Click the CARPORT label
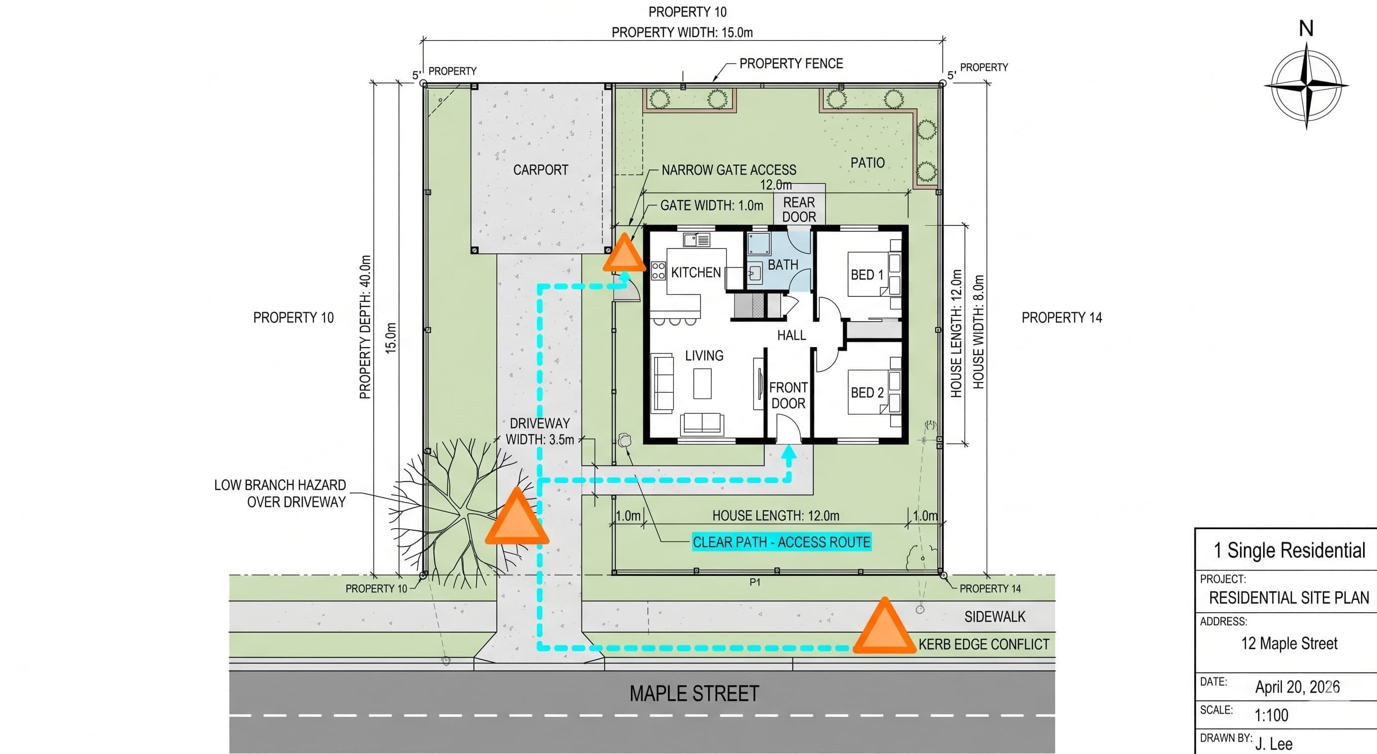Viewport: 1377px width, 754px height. pyautogui.click(x=540, y=170)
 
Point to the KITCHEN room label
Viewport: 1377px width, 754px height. pyautogui.click(x=695, y=273)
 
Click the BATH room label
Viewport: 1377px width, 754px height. pyautogui.click(x=783, y=265)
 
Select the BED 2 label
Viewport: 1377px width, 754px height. pyautogui.click(x=866, y=393)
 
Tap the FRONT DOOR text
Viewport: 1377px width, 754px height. pyautogui.click(x=788, y=395)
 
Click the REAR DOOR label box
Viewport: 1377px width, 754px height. pyautogui.click(x=799, y=209)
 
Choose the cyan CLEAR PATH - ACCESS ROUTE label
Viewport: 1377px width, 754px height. pyautogui.click(x=781, y=543)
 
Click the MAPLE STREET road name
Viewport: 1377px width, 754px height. pyautogui.click(x=694, y=694)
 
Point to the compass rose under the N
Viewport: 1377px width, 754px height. pyautogui.click(x=1306, y=86)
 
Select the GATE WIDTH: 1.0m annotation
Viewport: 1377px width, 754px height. pyautogui.click(x=712, y=206)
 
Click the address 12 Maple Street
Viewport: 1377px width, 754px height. pyautogui.click(x=1289, y=644)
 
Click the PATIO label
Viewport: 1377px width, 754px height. pyautogui.click(x=867, y=163)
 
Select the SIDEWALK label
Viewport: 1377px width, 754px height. pyautogui.click(x=994, y=617)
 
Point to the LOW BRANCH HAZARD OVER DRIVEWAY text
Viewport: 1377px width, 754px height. pyautogui.click(x=281, y=493)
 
